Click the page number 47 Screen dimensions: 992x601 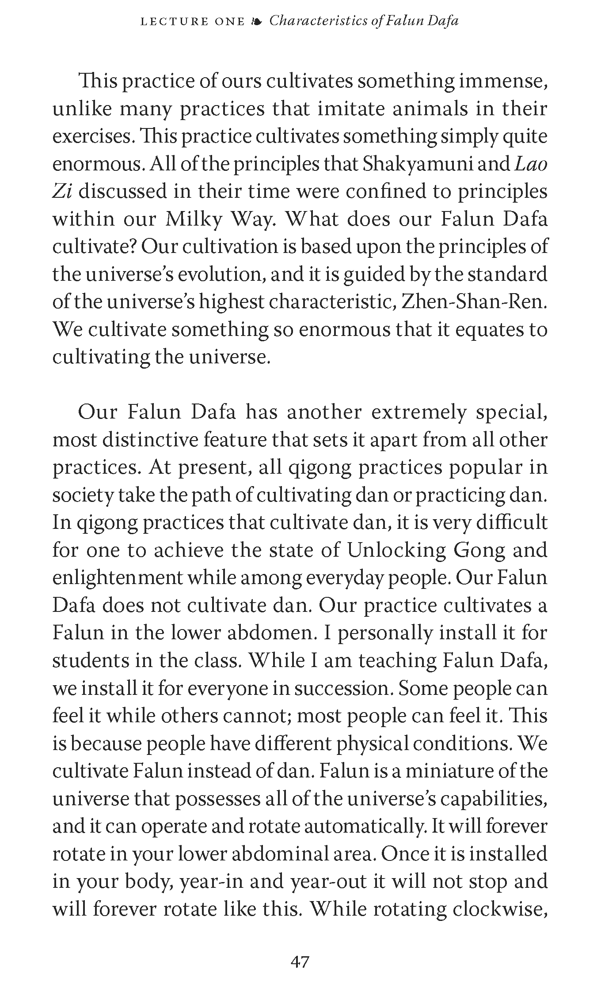(300, 961)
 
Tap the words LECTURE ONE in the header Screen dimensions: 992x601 (192, 21)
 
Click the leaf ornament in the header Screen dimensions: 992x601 (256, 21)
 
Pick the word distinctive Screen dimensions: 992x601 (150, 440)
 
